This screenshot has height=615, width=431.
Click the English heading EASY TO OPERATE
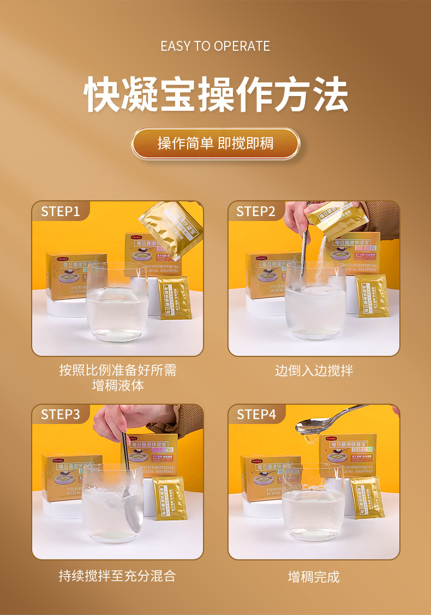pos(215,46)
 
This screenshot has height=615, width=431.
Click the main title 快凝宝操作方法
pos(215,94)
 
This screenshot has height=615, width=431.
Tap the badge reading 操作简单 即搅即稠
pos(215,144)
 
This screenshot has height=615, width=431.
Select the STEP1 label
pos(61,212)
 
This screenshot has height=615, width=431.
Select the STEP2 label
pos(256,212)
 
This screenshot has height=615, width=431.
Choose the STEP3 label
pos(61,415)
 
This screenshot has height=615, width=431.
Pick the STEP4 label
pos(256,415)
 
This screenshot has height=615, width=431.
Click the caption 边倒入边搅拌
pos(314,371)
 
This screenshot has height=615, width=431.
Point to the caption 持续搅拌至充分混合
pos(117,576)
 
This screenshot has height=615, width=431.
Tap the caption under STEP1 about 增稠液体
pos(117,378)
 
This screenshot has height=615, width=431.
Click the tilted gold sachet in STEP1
pos(171,229)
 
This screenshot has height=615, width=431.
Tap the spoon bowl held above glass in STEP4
pos(309,424)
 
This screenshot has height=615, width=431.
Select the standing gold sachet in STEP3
pos(170,498)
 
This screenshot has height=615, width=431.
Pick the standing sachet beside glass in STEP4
pos(367,498)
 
